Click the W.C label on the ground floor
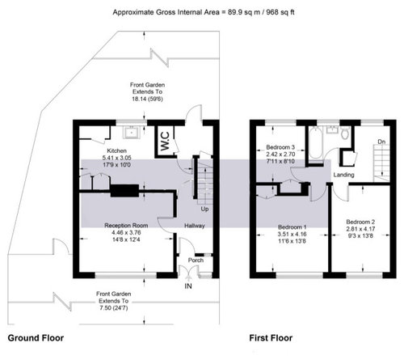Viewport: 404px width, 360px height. [x=165, y=141]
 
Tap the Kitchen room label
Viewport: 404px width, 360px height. [x=116, y=150]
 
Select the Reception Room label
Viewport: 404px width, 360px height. [x=126, y=226]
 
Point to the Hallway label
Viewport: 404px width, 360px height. [x=195, y=226]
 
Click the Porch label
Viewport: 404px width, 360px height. [x=196, y=260]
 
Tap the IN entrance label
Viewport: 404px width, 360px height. [x=188, y=286]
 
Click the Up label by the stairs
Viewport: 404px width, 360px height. [x=204, y=209]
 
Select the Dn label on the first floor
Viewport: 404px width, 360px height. [x=381, y=142]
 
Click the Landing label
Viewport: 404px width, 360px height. [x=343, y=175]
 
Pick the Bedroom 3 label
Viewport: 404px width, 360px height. [x=280, y=147]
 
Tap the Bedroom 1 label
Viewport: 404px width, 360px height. [x=292, y=227]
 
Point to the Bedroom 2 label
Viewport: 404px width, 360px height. [x=360, y=222]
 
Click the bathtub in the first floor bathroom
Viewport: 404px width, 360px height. [x=316, y=143]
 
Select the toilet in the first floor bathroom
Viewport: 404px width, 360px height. [x=345, y=133]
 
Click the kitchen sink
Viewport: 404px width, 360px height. [x=131, y=133]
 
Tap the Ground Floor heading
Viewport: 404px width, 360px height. [x=36, y=338]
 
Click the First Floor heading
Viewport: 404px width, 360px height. [x=271, y=338]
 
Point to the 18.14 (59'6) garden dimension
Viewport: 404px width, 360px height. [x=147, y=99]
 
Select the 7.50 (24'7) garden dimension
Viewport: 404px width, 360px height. [x=113, y=308]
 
